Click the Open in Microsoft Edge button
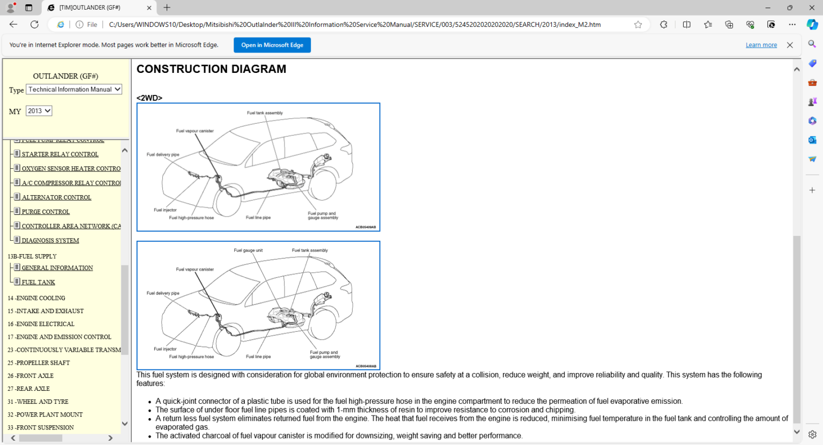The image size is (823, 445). pyautogui.click(x=272, y=45)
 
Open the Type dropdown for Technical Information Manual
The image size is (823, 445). pyautogui.click(x=74, y=90)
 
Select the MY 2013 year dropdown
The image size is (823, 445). pyautogui.click(x=39, y=111)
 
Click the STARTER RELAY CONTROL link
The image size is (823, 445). pyautogui.click(x=60, y=154)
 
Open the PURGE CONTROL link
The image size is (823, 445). pyautogui.click(x=46, y=212)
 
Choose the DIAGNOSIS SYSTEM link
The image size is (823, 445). pyautogui.click(x=50, y=241)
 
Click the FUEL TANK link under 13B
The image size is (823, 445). pyautogui.click(x=39, y=283)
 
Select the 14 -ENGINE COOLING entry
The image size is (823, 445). pyautogui.click(x=36, y=298)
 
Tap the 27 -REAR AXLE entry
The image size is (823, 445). pyautogui.click(x=29, y=389)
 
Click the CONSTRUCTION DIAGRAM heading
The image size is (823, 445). pyautogui.click(x=211, y=69)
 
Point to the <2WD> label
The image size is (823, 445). pyautogui.click(x=149, y=98)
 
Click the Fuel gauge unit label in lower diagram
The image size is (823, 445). pyautogui.click(x=248, y=250)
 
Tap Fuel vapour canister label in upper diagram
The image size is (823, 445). pyautogui.click(x=195, y=131)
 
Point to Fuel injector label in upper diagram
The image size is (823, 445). pyautogui.click(x=165, y=210)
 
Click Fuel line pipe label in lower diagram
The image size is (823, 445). pyautogui.click(x=258, y=357)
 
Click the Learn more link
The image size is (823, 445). pyautogui.click(x=761, y=45)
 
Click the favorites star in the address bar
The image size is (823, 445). pyautogui.click(x=638, y=25)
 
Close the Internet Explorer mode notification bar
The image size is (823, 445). pyautogui.click(x=790, y=45)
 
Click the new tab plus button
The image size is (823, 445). pyautogui.click(x=167, y=8)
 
